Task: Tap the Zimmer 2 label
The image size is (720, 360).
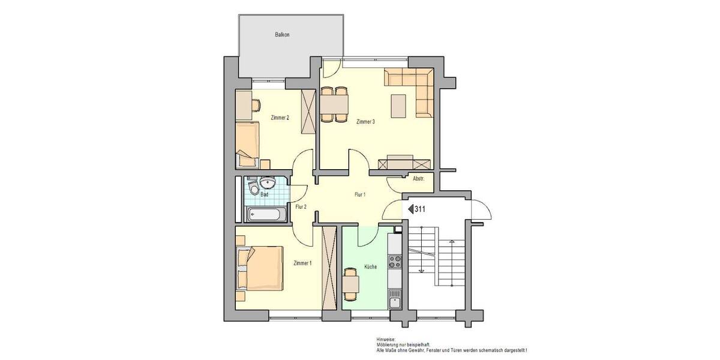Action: (280, 118)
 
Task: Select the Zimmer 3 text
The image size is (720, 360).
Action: (365, 122)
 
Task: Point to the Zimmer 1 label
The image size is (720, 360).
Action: (302, 263)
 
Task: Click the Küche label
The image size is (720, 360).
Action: (370, 266)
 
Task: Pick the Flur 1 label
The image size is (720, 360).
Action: (360, 194)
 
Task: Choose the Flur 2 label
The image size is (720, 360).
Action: (301, 207)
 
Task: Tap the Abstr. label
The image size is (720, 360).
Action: (419, 179)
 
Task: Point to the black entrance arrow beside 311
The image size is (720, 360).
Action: (411, 209)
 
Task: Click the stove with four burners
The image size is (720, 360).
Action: (395, 262)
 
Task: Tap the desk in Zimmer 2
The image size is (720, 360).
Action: (245, 105)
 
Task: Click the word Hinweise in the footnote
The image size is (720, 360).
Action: (386, 339)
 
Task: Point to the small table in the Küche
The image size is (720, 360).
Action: (351, 283)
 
